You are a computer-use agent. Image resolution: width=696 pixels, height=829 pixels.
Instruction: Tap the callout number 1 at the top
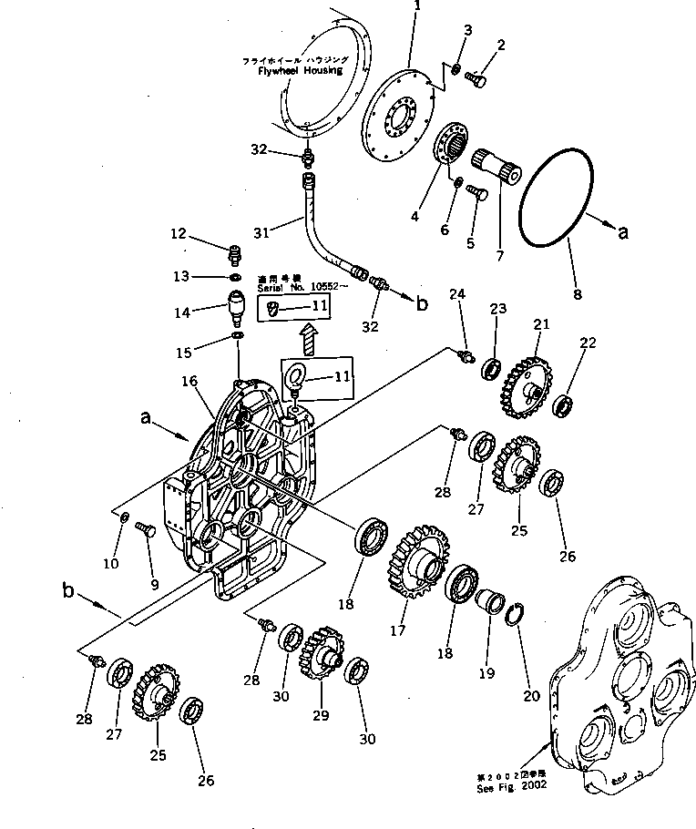point(417,6)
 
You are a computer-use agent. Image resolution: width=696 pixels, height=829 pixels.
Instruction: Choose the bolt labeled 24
point(467,354)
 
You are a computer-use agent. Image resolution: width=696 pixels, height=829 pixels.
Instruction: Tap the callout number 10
point(110,564)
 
